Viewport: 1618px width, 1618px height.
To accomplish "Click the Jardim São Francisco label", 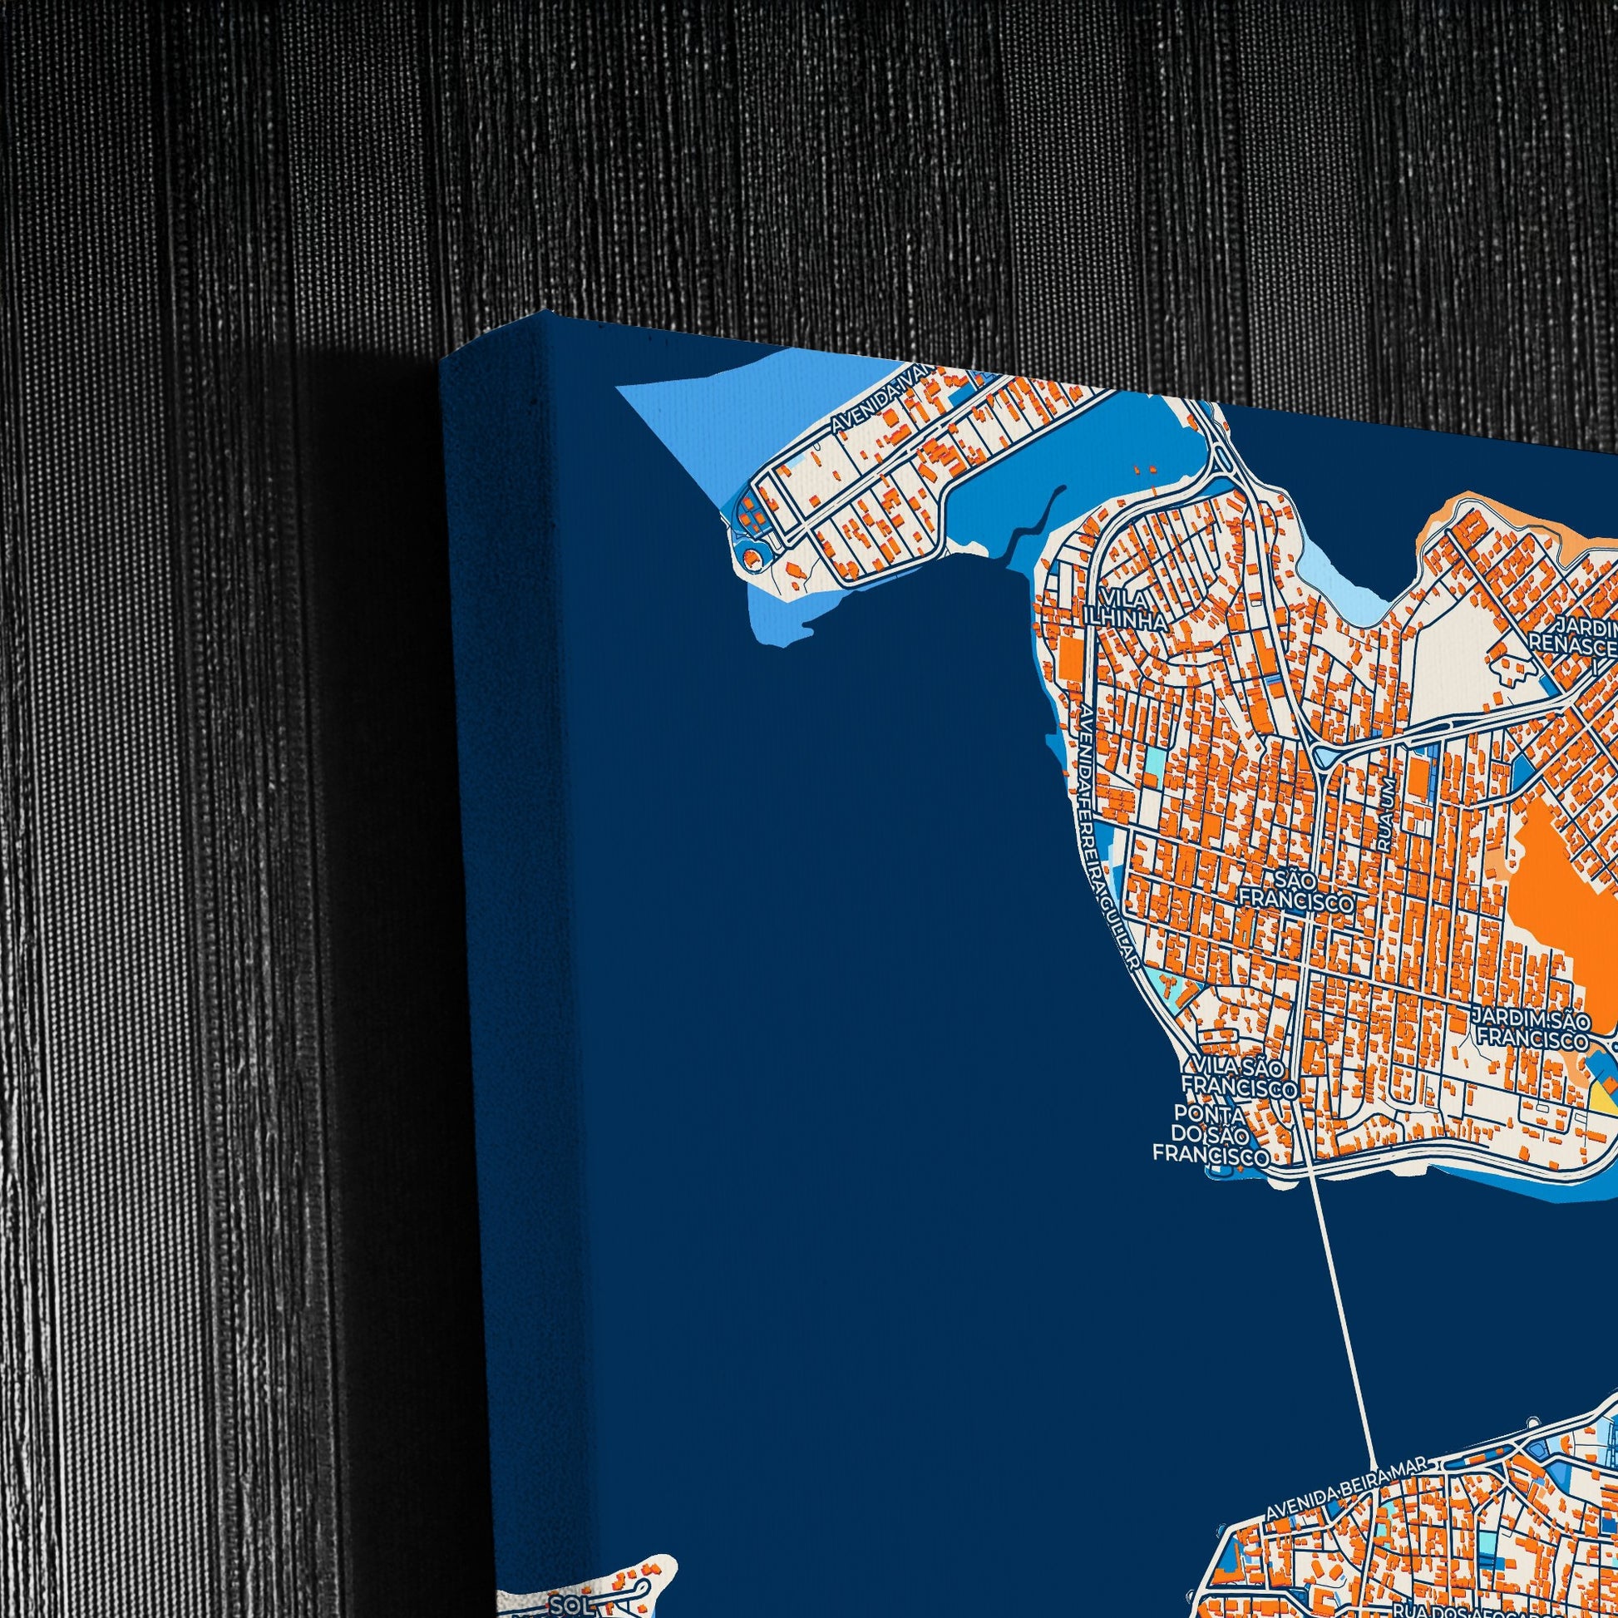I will [1531, 1029].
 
